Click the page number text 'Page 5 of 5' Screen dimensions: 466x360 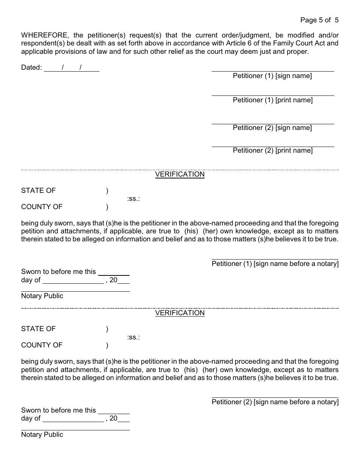pyautogui.click(x=319, y=20)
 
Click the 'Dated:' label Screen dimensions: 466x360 pyautogui.click(x=31, y=68)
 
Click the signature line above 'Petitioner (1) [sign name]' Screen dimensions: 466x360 pyautogui.click(x=272, y=71)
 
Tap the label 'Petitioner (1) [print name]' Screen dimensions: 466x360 pyautogui.click(x=272, y=100)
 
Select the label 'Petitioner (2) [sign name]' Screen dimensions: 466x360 pyautogui.click(x=272, y=128)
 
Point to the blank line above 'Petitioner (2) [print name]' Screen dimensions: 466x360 pyautogui.click(x=272, y=147)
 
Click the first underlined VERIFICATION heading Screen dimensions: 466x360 pyautogui.click(x=180, y=174)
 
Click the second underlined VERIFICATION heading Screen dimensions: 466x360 pyautogui.click(x=180, y=313)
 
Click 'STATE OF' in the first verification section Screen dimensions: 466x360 pyautogui.click(x=38, y=191)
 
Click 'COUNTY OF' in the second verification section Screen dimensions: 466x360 pyautogui.click(x=42, y=345)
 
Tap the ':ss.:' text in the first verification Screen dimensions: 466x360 pyautogui.click(x=133, y=199)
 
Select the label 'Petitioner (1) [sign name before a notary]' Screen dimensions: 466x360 pyautogui.click(x=275, y=264)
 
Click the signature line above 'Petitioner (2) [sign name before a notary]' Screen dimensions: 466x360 pyautogui.click(x=275, y=398)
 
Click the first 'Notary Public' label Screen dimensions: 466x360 pyautogui.click(x=42, y=296)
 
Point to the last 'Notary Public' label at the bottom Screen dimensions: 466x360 pyautogui.click(x=42, y=435)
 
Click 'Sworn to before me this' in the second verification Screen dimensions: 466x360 pyautogui.click(x=59, y=410)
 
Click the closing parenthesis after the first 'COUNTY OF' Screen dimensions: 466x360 pyautogui.click(x=107, y=207)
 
